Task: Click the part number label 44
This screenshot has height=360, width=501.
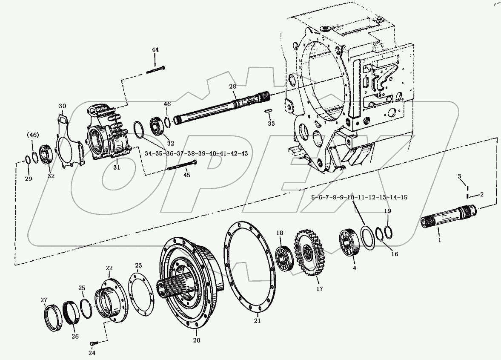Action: click(x=155, y=50)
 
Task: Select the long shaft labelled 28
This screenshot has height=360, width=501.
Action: click(x=221, y=109)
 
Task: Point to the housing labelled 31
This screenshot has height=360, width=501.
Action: click(x=109, y=134)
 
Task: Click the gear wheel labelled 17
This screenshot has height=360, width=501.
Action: click(x=311, y=252)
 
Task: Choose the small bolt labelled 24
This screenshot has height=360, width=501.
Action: click(x=94, y=343)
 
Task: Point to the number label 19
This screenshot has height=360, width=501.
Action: click(x=388, y=211)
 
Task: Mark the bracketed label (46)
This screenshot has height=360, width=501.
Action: click(x=33, y=135)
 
